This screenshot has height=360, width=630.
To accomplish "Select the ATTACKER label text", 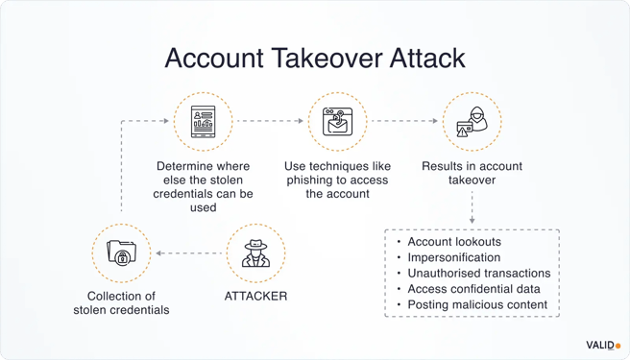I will coord(255,296).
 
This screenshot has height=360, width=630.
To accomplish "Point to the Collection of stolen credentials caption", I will coord(121,302).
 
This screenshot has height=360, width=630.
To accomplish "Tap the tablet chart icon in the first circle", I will coord(202,123).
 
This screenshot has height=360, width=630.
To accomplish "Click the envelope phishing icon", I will coord(336,123).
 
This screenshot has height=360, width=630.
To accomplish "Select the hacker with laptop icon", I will coord(472,123).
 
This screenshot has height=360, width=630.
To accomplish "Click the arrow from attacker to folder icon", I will coord(188,254).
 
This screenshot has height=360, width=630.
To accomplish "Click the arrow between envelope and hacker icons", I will coord(404,123).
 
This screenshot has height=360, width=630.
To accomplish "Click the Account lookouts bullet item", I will coord(453,242).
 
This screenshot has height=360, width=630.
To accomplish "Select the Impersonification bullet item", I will coord(453,257).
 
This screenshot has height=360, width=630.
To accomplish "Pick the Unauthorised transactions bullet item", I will coord(477,274).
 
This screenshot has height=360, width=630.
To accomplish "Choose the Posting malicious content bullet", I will coord(477,304).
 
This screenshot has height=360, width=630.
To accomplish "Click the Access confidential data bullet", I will coord(472,289).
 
